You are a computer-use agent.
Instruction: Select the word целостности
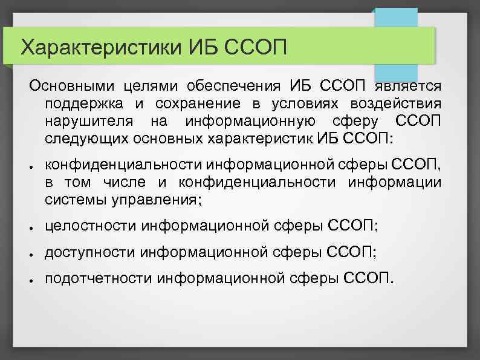coord(91,226)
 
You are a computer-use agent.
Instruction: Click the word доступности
coord(90,252)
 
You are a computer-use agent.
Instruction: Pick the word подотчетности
coord(99,278)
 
